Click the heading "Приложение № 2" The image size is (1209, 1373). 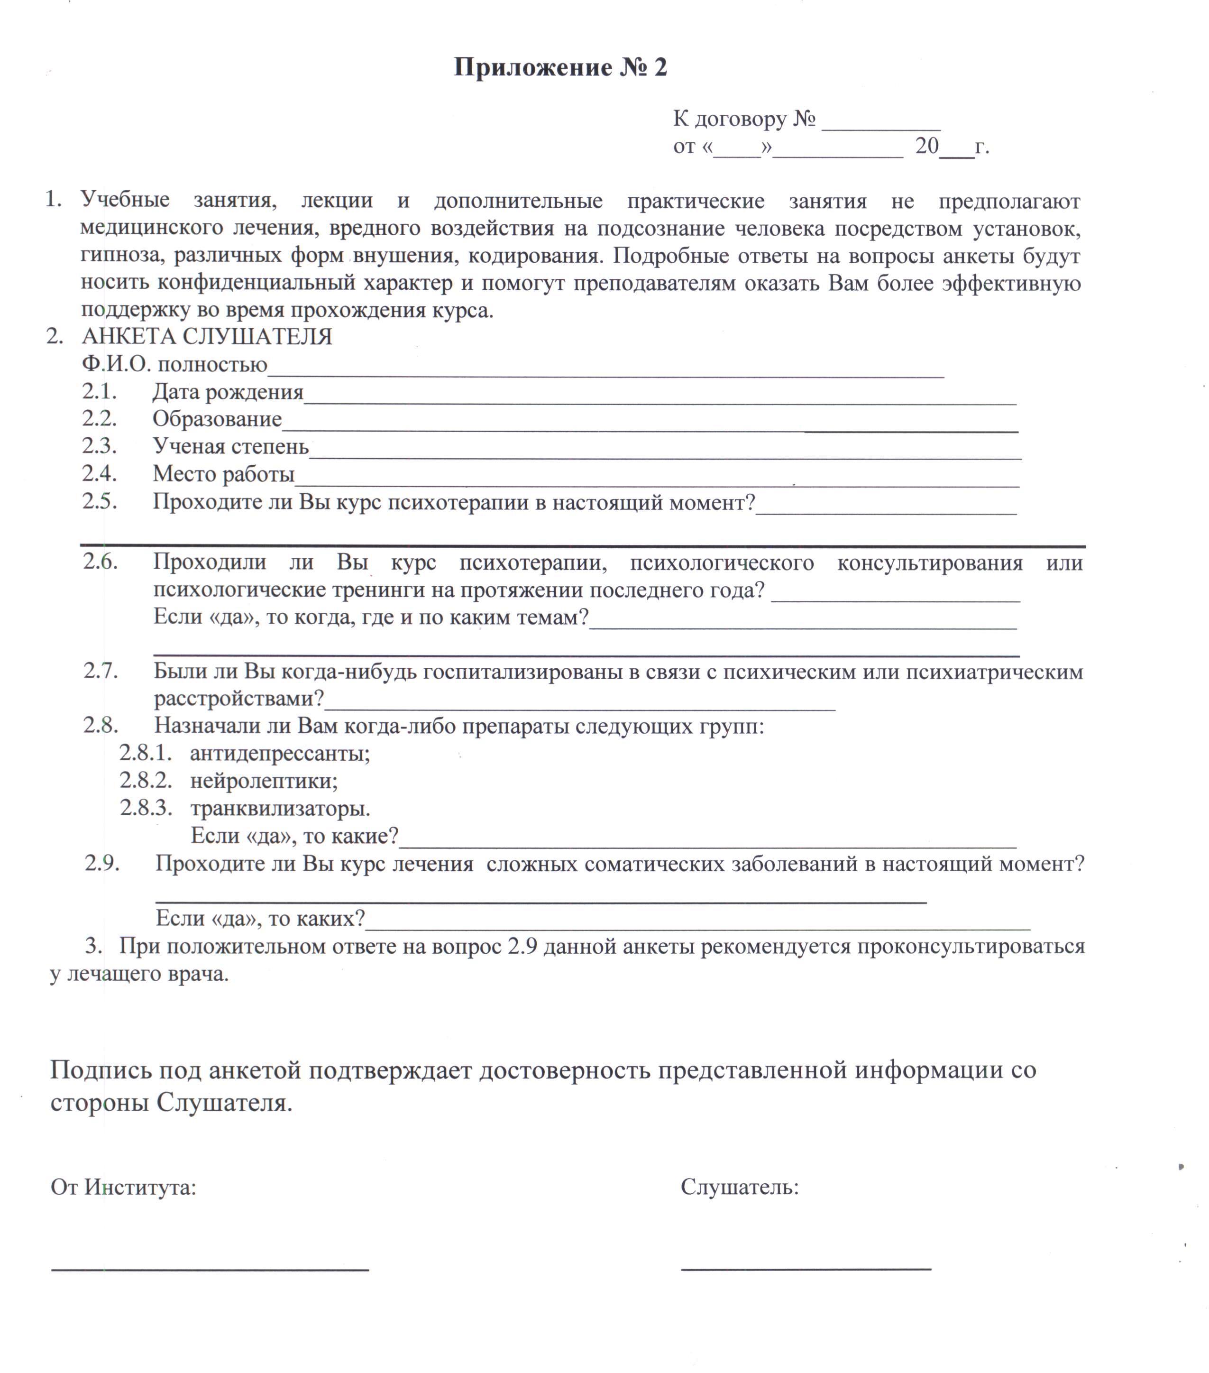(x=560, y=68)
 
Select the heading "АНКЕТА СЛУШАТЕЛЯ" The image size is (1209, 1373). (x=207, y=337)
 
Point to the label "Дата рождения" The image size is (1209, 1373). (x=228, y=392)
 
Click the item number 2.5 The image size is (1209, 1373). (x=100, y=502)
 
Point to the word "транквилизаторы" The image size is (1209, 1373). (x=280, y=808)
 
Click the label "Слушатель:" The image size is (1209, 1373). (x=740, y=1187)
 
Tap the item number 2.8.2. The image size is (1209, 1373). (x=146, y=781)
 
